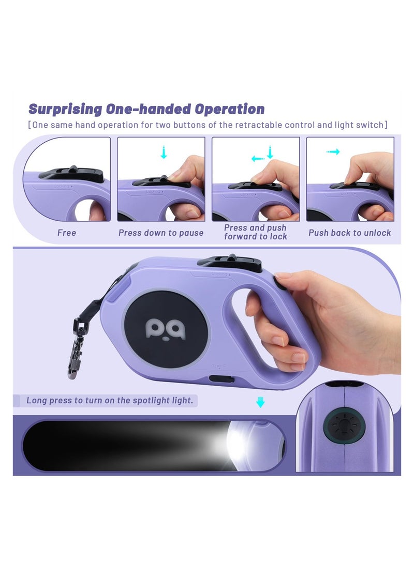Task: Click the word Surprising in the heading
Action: [65, 110]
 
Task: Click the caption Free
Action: [67, 233]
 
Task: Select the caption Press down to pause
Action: [161, 233]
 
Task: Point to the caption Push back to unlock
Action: [350, 233]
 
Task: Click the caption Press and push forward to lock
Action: [255, 232]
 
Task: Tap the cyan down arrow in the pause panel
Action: [164, 152]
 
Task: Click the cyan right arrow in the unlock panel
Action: [333, 152]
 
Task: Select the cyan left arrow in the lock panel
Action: [257, 158]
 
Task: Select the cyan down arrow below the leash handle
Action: [260, 402]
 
